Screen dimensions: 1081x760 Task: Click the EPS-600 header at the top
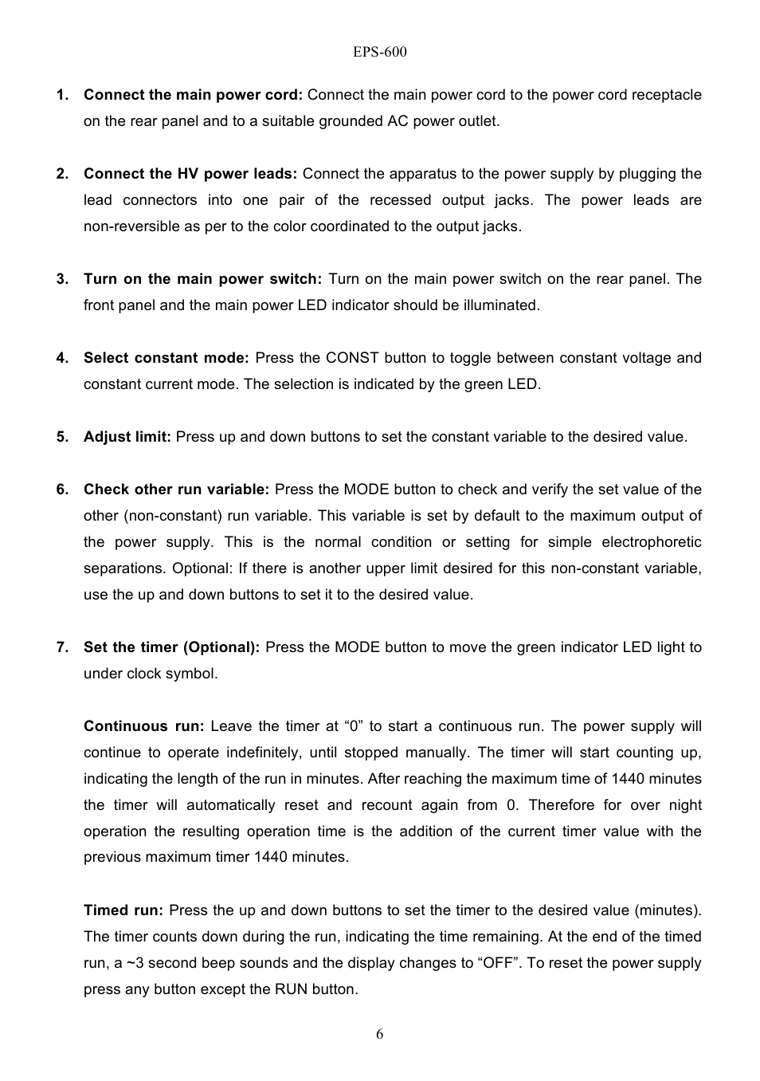379,53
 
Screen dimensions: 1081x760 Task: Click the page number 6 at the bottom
379,1034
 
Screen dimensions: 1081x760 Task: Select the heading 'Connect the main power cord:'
193,95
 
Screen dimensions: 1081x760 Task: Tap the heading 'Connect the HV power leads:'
190,174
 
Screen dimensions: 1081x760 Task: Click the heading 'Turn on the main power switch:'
202,279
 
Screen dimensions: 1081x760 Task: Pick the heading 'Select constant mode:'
166,358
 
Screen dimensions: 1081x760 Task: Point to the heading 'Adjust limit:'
127,437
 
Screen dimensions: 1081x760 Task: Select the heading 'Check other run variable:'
176,489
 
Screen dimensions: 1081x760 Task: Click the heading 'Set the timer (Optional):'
171,647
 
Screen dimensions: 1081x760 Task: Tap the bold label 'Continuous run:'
144,726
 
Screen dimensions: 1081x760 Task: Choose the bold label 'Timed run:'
123,910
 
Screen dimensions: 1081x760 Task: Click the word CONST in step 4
352,358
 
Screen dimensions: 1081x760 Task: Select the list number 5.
62,437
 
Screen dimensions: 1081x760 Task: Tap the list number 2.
62,174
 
